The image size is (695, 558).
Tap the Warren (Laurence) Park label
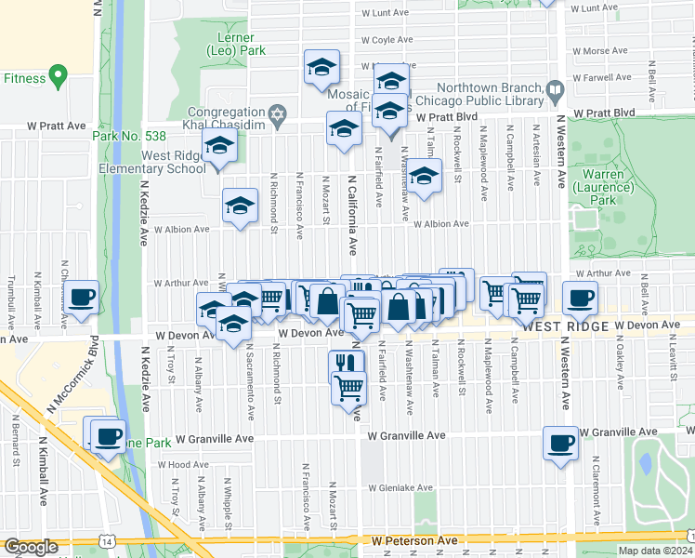[x=602, y=186]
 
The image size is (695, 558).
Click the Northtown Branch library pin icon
[x=556, y=91]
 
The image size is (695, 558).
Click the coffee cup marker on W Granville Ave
[x=559, y=443]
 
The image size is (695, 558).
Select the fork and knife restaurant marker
[x=345, y=364]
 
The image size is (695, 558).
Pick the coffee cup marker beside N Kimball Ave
[x=82, y=297]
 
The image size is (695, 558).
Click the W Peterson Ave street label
[x=416, y=540]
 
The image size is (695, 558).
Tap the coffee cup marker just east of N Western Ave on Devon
[x=581, y=298]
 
